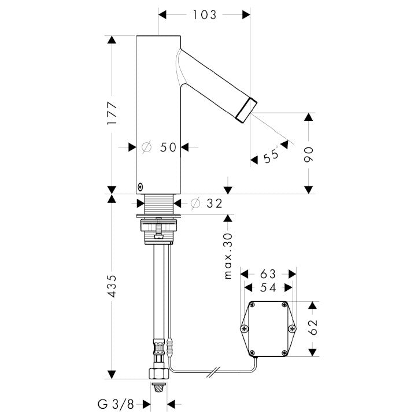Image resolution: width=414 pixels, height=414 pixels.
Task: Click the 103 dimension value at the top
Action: tap(205, 15)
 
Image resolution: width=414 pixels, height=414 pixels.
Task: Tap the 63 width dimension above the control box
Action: tap(268, 273)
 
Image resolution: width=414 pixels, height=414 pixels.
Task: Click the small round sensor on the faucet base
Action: tap(140, 187)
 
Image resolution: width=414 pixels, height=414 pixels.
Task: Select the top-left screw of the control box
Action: tap(252, 305)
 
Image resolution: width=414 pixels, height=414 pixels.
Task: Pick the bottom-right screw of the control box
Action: tap(284, 353)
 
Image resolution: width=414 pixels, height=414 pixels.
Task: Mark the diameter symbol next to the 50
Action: tap(146, 147)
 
